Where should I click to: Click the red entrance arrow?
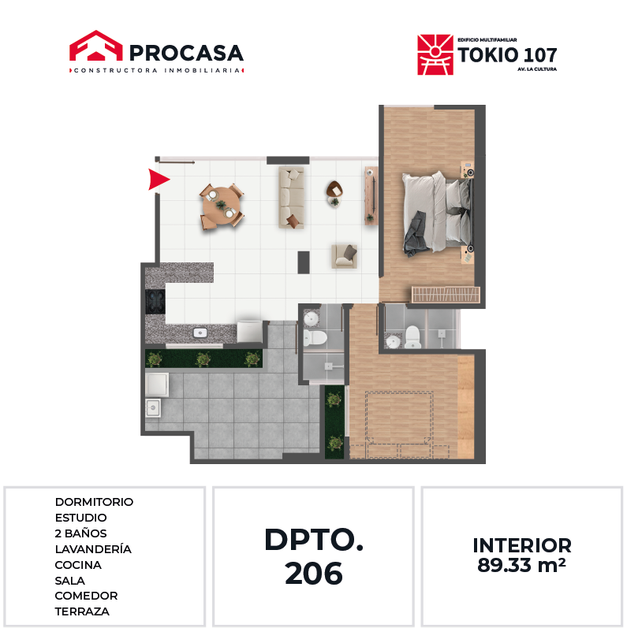[159, 179]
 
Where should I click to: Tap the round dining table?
[222, 206]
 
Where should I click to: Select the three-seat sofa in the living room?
[292, 198]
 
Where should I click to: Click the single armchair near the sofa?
[344, 256]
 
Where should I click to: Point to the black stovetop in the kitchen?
[155, 301]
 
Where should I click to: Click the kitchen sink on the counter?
[200, 333]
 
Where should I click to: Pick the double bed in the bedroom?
[438, 214]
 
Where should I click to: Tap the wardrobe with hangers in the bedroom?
[446, 295]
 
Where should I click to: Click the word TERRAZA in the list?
[82, 611]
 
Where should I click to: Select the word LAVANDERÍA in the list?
[93, 548]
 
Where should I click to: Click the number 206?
[314, 573]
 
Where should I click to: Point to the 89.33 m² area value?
[521, 565]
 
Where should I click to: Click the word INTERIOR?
[522, 545]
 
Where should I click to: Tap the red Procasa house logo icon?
[95, 46]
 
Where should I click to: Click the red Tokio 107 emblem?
[435, 55]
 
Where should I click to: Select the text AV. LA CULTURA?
[537, 69]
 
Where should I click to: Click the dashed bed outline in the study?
[399, 425]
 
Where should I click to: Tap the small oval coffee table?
[334, 190]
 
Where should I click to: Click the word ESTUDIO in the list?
[81, 518]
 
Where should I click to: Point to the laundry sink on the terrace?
[153, 408]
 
